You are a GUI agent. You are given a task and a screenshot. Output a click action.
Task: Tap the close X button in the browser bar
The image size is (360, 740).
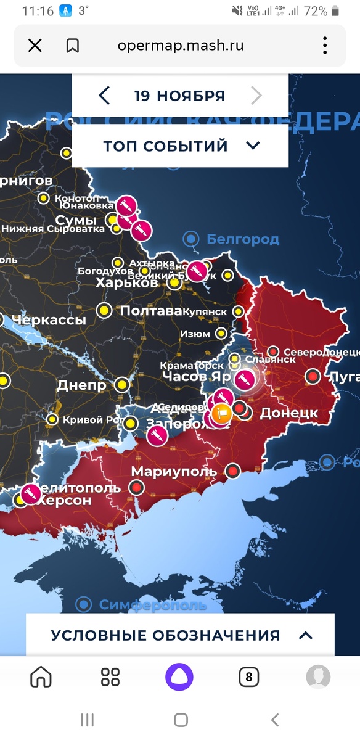35,46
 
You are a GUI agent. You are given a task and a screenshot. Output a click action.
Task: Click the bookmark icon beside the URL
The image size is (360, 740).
73,46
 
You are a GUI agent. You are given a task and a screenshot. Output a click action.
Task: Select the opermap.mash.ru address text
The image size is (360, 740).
181,46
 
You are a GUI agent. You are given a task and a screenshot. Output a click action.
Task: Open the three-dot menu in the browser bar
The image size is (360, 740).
325,46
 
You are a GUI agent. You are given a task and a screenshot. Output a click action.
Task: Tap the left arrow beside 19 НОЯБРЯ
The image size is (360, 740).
104,96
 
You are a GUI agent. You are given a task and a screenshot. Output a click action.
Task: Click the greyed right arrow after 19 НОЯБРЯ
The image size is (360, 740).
256,96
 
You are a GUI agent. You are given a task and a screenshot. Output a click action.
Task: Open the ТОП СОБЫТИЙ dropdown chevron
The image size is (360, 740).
253,146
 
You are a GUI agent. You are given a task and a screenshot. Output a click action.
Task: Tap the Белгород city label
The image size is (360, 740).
242,239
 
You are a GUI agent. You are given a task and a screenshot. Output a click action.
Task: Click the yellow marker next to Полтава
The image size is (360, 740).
105,310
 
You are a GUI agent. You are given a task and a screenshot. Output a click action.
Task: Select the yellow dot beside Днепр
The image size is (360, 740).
122,385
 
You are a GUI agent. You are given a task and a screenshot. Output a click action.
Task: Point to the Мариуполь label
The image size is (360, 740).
174,472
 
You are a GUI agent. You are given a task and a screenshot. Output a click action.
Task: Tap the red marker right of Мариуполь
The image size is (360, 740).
232,471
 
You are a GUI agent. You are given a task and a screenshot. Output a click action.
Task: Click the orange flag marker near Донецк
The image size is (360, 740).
221,413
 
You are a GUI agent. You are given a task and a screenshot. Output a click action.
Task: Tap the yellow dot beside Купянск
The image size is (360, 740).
239,312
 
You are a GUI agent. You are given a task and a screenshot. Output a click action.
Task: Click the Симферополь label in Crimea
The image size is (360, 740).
152,605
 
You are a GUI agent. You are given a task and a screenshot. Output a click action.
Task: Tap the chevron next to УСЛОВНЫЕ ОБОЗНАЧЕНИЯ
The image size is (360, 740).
305,635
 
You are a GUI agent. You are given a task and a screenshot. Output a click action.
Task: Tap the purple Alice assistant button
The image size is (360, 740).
179,677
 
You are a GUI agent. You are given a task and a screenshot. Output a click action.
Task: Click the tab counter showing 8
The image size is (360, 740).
249,677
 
